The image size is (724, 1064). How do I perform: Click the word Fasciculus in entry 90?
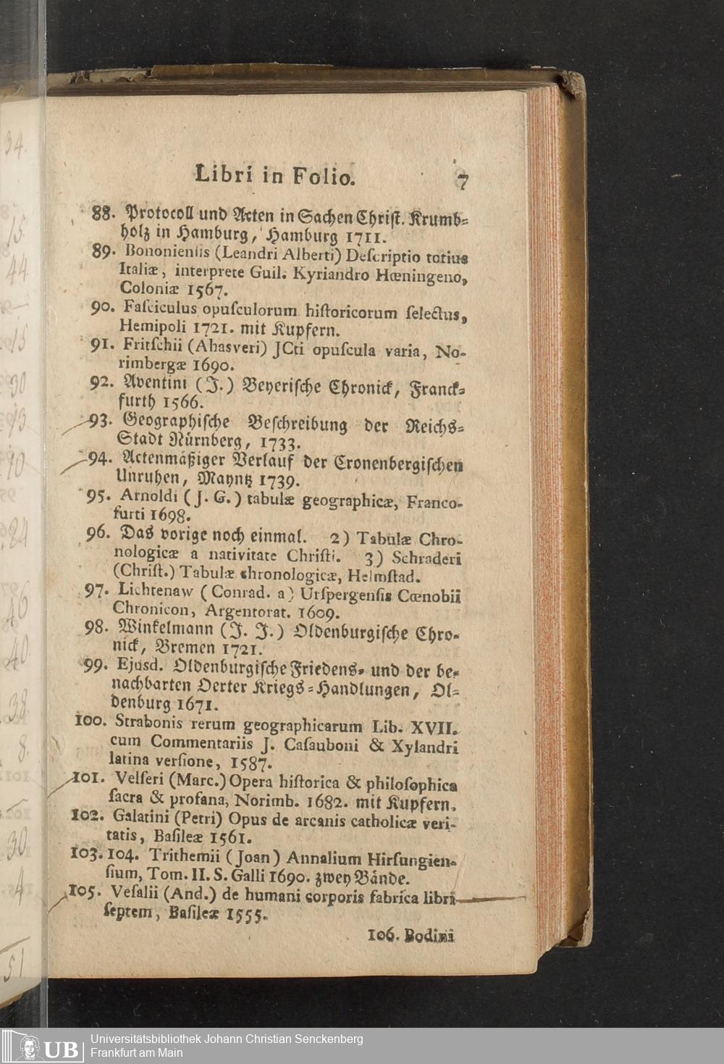tap(159, 310)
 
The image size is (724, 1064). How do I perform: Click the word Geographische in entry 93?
tap(177, 422)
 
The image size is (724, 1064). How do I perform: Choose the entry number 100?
tap(90, 721)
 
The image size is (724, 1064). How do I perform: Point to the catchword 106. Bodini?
tap(411, 935)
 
